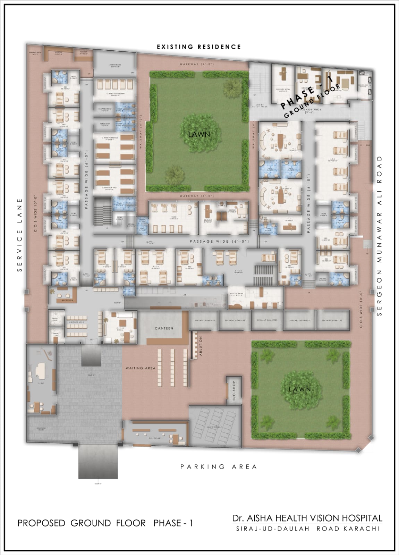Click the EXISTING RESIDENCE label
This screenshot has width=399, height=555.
[198, 47]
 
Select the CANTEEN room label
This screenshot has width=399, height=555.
[164, 328]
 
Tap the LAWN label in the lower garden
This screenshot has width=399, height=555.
[300, 389]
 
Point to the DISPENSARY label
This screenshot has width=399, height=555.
[155, 438]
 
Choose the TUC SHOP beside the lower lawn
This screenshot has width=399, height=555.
[234, 390]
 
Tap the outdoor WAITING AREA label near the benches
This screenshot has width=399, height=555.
[140, 368]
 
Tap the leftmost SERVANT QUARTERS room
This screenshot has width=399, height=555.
[204, 320]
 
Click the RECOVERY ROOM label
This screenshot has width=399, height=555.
[283, 89]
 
